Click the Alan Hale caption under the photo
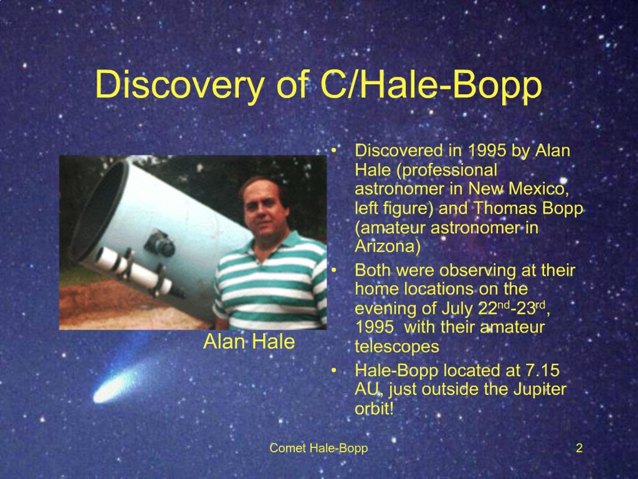coord(249,342)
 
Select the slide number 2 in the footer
coord(579,448)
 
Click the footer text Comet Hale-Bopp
coord(319,448)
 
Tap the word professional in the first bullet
coord(447,170)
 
